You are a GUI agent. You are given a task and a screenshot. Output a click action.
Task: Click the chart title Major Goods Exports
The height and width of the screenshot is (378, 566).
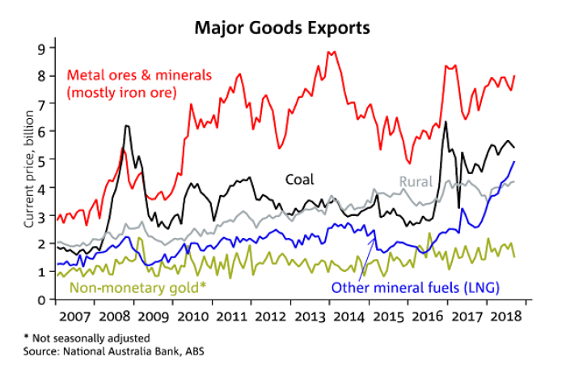point(281,27)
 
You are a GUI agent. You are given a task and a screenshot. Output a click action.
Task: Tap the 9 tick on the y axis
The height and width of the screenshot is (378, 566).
point(41,47)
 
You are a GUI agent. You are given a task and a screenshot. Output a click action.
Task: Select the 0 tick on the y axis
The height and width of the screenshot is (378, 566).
point(41,300)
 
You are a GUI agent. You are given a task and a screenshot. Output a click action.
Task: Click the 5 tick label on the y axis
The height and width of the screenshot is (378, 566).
point(41,159)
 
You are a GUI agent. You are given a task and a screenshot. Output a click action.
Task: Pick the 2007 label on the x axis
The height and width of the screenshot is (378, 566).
point(74,316)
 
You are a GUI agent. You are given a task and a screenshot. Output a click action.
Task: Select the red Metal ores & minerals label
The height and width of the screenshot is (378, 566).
point(138,74)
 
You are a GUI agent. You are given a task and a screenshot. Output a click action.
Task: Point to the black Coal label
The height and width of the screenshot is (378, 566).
point(298,179)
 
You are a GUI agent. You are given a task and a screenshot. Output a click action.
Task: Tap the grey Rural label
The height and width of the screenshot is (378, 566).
point(416,181)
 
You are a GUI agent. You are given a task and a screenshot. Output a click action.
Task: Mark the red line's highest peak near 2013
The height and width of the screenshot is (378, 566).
point(330,52)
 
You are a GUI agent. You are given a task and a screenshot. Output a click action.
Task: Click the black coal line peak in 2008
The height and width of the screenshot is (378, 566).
point(128,126)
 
